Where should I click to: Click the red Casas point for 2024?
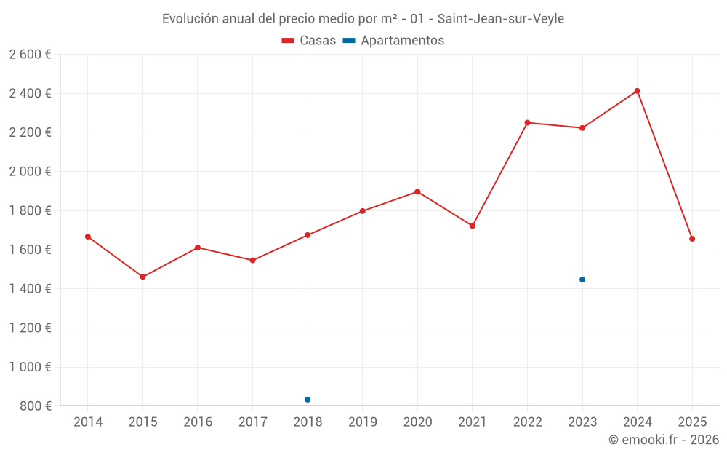(637, 91)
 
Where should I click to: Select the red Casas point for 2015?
(142, 277)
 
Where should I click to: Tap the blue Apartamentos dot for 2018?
(308, 400)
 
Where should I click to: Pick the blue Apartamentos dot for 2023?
(582, 280)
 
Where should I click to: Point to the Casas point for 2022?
(527, 122)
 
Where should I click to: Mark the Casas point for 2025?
(692, 239)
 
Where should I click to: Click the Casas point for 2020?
(417, 191)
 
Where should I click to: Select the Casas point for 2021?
(473, 226)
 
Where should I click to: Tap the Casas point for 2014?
(88, 237)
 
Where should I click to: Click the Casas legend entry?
(309, 41)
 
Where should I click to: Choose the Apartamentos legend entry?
(393, 41)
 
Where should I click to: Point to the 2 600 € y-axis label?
(30, 55)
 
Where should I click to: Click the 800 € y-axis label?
(34, 406)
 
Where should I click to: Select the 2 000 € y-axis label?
(30, 172)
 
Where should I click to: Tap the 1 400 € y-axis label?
(30, 289)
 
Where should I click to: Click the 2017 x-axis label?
(252, 422)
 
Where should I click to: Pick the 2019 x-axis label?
(362, 422)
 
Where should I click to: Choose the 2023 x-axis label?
(582, 422)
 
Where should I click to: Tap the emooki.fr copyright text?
(664, 440)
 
